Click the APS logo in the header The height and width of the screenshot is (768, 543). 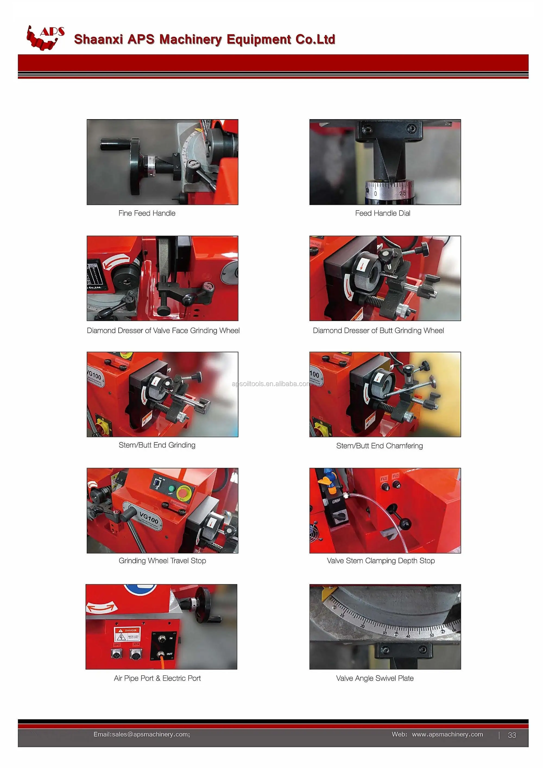point(45,38)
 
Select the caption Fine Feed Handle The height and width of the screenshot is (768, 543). point(147,213)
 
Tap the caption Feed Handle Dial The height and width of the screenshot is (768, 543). point(383,213)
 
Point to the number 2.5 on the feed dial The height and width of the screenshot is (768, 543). point(402,193)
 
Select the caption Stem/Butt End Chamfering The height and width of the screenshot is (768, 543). point(379,446)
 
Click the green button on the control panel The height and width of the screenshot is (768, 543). point(171,489)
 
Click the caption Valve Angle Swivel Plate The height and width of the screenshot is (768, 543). point(375,678)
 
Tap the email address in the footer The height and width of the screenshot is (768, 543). point(141,734)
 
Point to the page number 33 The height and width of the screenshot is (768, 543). point(512,735)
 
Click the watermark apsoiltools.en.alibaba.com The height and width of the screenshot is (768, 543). point(271,384)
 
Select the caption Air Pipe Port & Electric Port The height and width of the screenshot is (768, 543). point(157,678)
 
